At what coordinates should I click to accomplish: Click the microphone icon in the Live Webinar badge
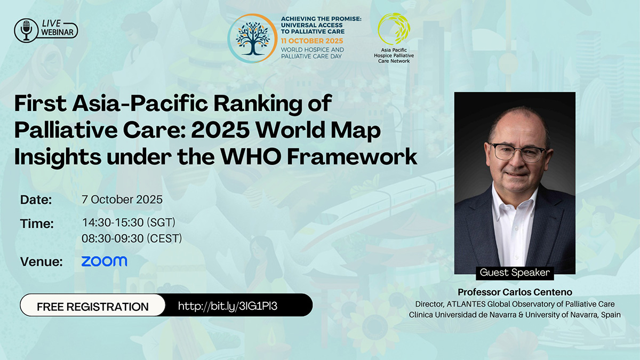coord(26,30)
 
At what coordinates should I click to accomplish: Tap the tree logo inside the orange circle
coord(253,38)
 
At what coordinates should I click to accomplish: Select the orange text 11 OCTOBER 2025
coord(311,41)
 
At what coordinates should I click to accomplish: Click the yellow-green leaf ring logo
coord(394,29)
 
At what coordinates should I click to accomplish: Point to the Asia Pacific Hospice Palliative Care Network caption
coord(394,55)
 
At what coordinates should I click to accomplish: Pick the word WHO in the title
coord(250,157)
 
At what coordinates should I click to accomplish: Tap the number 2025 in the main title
coord(220,130)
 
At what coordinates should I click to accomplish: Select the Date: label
coord(36,199)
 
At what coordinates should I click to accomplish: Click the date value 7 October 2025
coord(122,199)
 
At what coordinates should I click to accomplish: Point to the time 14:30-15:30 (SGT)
coord(129,222)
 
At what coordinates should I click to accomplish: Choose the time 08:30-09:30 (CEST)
coord(132,238)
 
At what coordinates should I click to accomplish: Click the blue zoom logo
coord(105,261)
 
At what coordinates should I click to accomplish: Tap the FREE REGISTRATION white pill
coord(93,305)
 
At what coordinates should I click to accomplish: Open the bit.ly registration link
coord(227,306)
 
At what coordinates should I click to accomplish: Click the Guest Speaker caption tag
coord(515,273)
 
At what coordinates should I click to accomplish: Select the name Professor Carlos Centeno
coord(515,292)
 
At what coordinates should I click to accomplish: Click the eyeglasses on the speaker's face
coord(518,153)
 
